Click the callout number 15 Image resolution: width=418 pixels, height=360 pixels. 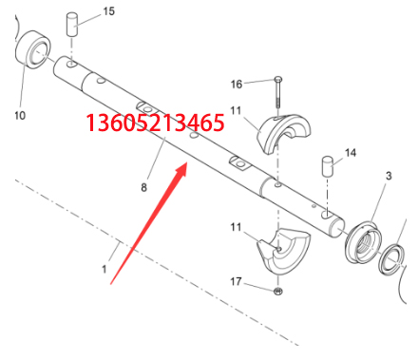[108, 11]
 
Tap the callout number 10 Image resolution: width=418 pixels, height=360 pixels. [20, 115]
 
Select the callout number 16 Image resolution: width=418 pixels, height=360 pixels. [237, 85]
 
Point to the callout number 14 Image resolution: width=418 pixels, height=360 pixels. [351, 153]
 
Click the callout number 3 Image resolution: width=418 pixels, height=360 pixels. [389, 176]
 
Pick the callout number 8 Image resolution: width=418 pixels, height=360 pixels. [144, 187]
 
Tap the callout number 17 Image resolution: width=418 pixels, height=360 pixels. [236, 281]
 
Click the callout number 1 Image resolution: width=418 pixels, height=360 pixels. [104, 270]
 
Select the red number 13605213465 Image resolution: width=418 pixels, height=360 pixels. [155, 123]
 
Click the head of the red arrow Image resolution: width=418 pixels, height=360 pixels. [182, 168]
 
